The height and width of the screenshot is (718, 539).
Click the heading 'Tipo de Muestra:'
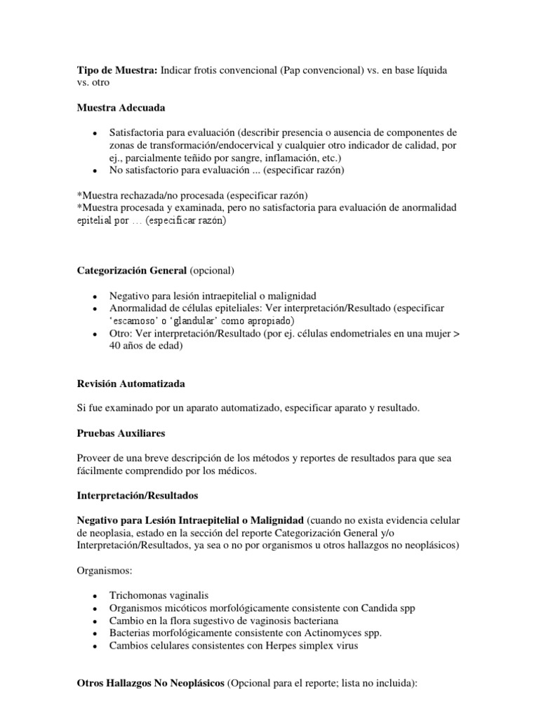117,70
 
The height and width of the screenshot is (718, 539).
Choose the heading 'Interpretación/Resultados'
138,495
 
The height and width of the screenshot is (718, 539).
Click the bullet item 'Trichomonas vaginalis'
159,595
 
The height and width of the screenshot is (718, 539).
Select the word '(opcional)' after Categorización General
213,271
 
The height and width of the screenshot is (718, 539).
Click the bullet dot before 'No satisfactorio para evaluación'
93,170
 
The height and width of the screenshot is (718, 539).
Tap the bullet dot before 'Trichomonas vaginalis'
93,596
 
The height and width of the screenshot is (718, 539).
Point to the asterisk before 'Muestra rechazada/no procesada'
79,194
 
